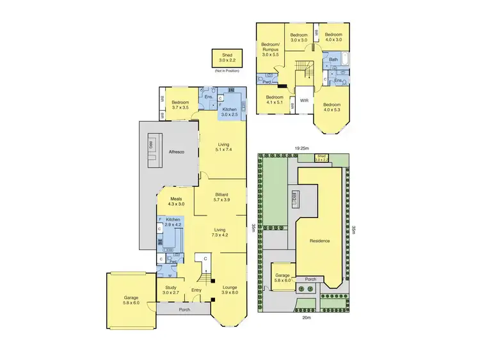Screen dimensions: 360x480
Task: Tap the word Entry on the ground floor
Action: click(x=196, y=290)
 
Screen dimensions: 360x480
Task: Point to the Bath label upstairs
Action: click(x=333, y=60)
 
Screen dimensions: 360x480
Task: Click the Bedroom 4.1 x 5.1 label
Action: click(x=275, y=100)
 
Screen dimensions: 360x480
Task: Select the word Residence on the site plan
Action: click(x=319, y=241)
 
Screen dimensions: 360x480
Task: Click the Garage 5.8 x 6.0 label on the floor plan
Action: click(x=131, y=300)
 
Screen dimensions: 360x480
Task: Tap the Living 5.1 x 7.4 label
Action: click(x=223, y=147)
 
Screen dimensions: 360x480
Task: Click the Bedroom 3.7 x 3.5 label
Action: click(x=183, y=105)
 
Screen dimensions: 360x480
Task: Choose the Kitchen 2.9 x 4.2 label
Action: click(x=173, y=221)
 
